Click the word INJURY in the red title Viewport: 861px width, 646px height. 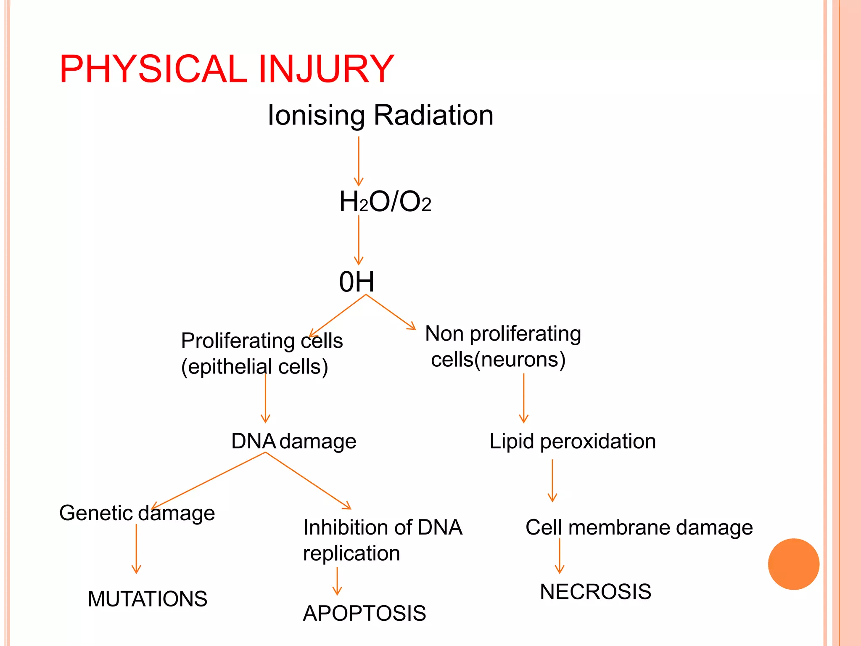[x=326, y=69]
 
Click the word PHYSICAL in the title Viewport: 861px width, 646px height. [x=153, y=69]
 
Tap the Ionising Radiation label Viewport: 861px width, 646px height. [x=380, y=115]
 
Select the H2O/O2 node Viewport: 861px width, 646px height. [x=385, y=202]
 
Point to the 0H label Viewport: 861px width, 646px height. [x=357, y=282]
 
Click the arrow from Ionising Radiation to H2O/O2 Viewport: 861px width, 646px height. [x=359, y=162]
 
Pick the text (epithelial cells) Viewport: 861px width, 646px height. [x=254, y=367]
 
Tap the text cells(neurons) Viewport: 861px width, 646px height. [x=498, y=360]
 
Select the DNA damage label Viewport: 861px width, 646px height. [x=293, y=442]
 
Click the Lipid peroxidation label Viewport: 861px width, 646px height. [x=572, y=442]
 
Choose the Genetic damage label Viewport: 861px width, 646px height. [x=137, y=514]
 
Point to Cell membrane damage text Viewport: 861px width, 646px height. [x=639, y=527]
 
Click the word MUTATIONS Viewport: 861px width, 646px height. [x=148, y=599]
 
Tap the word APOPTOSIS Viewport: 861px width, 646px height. [x=364, y=613]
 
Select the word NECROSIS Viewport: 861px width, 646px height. [x=595, y=592]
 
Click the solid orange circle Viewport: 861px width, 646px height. [x=793, y=564]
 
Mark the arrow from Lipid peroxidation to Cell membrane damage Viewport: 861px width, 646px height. [x=552, y=480]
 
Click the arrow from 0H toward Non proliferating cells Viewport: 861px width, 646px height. [x=391, y=312]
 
